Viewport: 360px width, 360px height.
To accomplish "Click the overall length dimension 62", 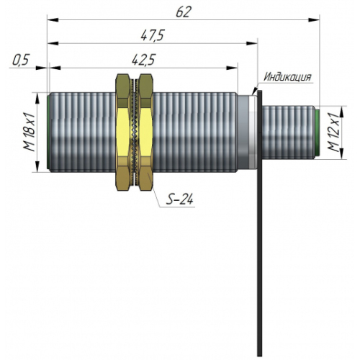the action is (184, 12).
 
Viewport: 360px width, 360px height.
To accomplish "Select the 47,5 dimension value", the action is (152, 35).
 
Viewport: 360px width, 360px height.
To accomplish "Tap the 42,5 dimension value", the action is (144, 60).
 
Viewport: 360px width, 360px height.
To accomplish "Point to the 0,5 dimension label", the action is (21, 60).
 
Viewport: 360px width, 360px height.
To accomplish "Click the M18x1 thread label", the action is (30, 132).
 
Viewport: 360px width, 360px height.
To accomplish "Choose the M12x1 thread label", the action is (334, 132).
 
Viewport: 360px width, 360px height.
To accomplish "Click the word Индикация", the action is (287, 77).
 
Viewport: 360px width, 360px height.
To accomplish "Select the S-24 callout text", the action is (180, 199).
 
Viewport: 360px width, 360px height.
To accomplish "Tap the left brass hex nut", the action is (123, 132).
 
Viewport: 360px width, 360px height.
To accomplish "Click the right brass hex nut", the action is (145, 132).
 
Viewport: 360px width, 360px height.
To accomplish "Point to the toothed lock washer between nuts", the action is (135, 132).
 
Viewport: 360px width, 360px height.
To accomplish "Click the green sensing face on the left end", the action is (48, 132).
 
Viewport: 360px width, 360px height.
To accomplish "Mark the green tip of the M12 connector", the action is (318, 132).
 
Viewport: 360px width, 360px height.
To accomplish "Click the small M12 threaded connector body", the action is (289, 132).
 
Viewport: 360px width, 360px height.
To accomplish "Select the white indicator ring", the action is (253, 132).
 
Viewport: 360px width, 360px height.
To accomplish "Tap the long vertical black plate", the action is (260, 223).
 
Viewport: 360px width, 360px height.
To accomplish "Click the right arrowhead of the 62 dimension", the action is (314, 19).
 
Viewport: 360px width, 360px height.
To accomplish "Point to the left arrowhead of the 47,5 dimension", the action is (53, 43).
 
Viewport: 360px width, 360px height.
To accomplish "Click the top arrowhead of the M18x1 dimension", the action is (37, 98).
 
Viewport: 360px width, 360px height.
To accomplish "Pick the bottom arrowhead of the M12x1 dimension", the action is (342, 153).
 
